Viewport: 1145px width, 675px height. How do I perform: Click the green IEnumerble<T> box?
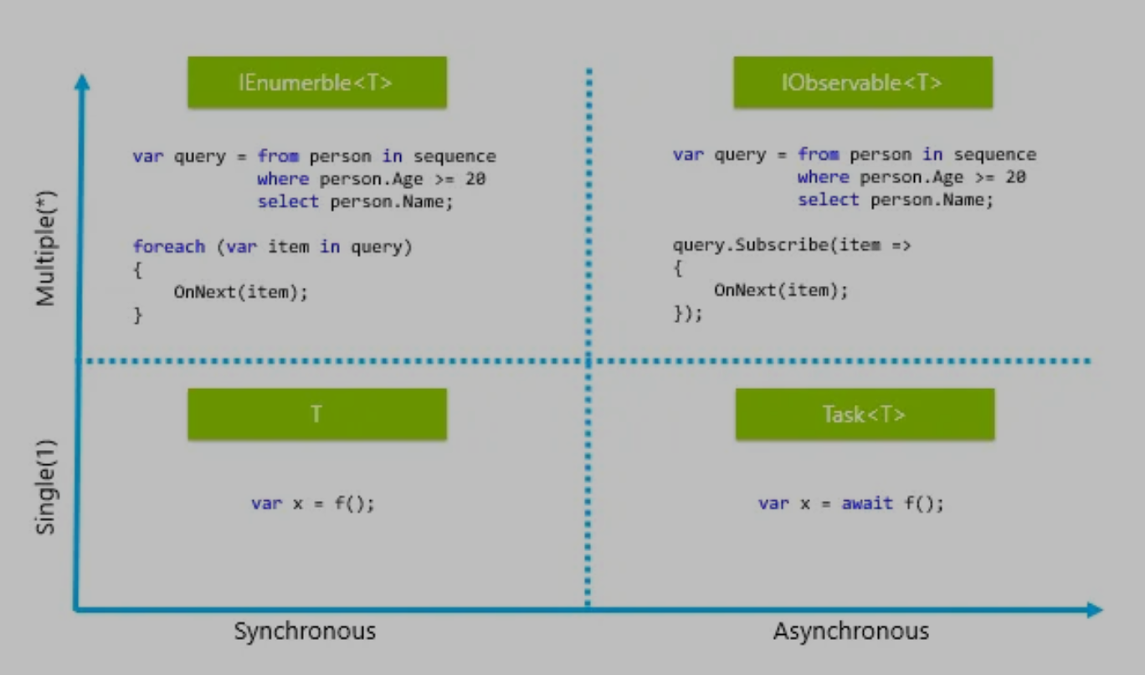316,83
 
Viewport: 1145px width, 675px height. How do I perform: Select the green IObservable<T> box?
862,83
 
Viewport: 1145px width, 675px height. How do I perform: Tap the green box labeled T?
316,414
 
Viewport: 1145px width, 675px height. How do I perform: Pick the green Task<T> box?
865,414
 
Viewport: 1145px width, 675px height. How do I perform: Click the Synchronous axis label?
305,631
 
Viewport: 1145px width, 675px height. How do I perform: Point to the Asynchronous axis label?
850,631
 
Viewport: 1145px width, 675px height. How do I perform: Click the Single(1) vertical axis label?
46,486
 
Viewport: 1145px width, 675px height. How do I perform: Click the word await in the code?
867,504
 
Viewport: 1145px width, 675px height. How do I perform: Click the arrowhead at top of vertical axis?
81,80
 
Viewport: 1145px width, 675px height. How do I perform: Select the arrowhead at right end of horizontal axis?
1095,610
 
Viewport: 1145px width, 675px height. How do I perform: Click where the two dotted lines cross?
588,361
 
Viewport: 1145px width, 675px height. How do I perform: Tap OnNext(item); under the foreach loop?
240,292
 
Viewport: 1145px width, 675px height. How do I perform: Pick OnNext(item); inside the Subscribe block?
780,290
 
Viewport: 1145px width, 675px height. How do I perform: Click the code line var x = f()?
313,504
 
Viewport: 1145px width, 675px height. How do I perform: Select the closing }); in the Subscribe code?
688,314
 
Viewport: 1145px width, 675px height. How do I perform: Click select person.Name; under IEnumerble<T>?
355,202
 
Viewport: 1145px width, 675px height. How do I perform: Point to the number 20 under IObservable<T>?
1015,177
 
